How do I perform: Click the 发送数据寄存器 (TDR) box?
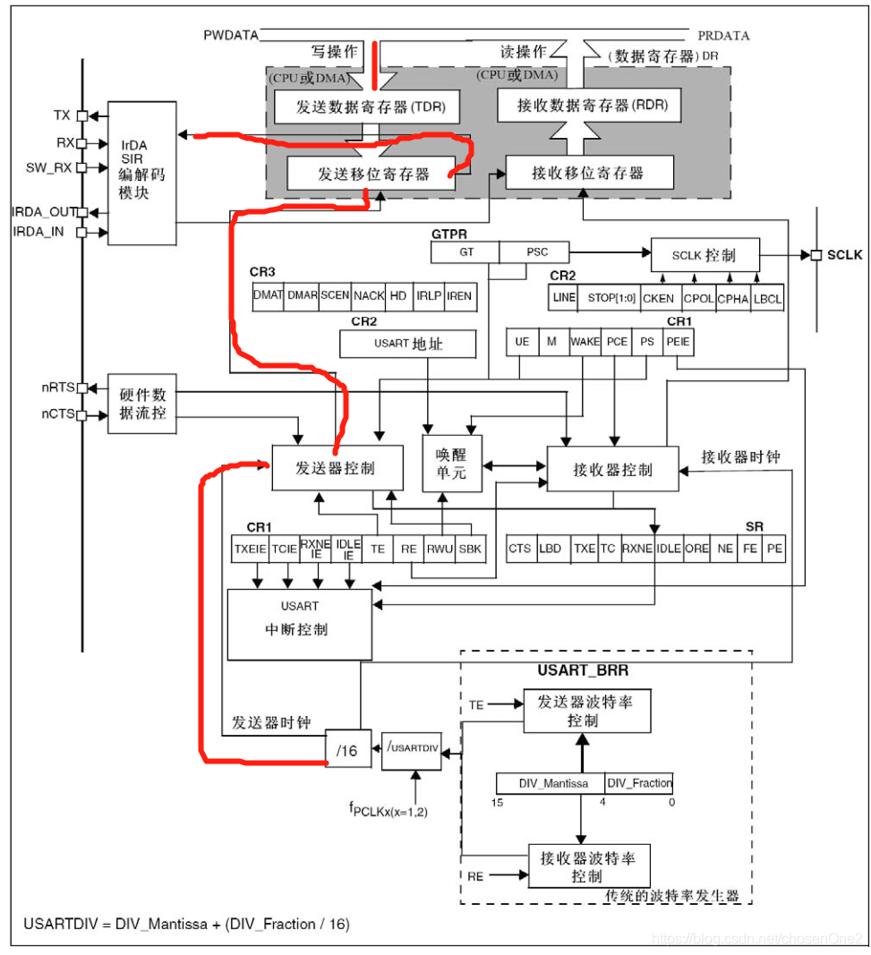[x=364, y=109]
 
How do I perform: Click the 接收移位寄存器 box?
[x=588, y=172]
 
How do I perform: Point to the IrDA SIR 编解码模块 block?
[x=141, y=173]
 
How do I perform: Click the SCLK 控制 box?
[x=704, y=256]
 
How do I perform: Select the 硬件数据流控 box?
[x=141, y=403]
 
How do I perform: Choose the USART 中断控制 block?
[x=298, y=624]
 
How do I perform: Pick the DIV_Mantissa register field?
[x=552, y=783]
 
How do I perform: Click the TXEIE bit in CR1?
[x=249, y=550]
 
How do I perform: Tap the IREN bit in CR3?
[x=458, y=295]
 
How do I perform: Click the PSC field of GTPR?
[x=536, y=252]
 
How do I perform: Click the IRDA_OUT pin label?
[x=43, y=212]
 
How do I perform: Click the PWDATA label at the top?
[x=231, y=35]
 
